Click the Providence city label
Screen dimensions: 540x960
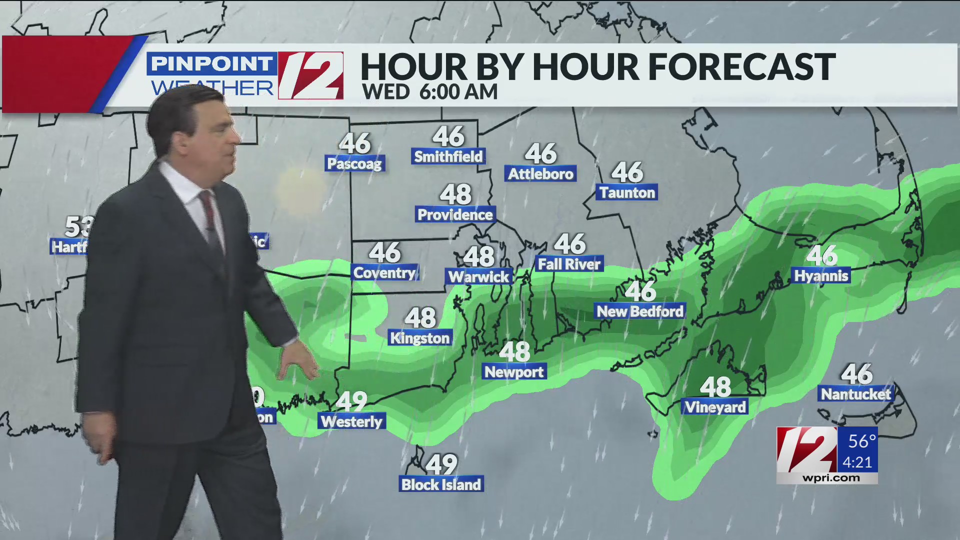(x=455, y=215)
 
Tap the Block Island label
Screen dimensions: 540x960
(x=441, y=484)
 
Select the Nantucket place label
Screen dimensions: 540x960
(x=855, y=394)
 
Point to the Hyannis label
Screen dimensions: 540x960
(x=821, y=276)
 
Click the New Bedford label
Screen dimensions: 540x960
(x=640, y=311)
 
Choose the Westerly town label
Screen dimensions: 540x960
(x=351, y=421)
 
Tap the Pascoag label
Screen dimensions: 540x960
(x=354, y=163)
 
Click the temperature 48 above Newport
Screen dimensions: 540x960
(x=514, y=351)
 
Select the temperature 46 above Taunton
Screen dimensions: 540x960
(x=627, y=172)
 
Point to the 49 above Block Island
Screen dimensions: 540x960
(x=441, y=464)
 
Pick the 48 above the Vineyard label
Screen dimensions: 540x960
(x=715, y=387)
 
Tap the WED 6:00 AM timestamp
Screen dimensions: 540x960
(x=430, y=92)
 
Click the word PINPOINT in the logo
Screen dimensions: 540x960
(x=211, y=64)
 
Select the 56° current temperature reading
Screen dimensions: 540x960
(x=861, y=441)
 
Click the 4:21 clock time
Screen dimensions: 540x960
(x=857, y=462)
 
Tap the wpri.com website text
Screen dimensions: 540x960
(x=831, y=478)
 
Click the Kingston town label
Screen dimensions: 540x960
(x=420, y=338)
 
